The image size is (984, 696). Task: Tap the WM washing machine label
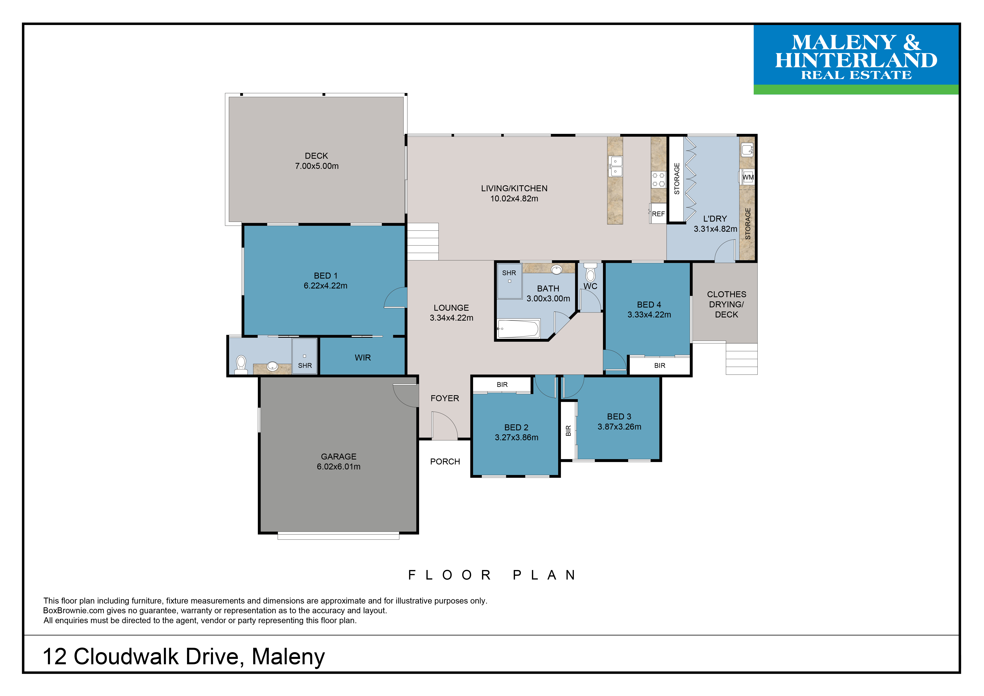(x=748, y=177)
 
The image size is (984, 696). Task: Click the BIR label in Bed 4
(x=660, y=366)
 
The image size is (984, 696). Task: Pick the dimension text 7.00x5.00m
(x=317, y=166)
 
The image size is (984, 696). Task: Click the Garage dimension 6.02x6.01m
(x=339, y=466)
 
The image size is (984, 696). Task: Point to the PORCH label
(x=445, y=461)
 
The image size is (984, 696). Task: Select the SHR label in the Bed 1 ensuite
(x=305, y=366)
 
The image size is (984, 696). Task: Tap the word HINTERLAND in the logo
(x=856, y=60)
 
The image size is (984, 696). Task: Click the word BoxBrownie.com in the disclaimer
(x=74, y=610)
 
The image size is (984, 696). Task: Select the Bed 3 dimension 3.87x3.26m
(x=619, y=426)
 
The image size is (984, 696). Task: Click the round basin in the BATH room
(x=556, y=270)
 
